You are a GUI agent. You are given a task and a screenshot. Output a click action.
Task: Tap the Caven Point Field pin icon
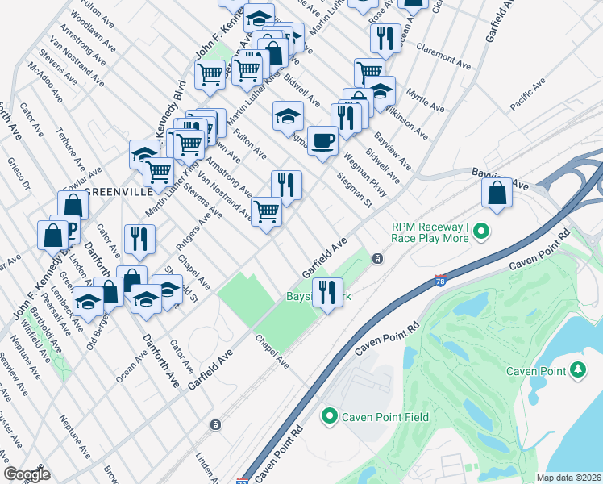coord(329,417)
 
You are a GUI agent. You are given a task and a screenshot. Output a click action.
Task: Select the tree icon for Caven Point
coord(577,370)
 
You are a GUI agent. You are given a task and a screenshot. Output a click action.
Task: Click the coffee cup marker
coord(322,141)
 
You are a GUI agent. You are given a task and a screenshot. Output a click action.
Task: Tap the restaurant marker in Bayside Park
coord(326,292)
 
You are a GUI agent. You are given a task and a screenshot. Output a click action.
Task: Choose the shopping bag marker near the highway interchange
coord(497,193)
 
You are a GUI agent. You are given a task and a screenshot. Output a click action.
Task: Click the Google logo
coord(27,474)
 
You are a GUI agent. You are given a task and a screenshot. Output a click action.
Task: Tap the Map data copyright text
coord(568,478)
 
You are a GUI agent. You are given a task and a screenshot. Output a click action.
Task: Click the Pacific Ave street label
coord(528,94)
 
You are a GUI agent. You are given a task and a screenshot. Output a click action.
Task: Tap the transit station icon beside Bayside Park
coord(376,259)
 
